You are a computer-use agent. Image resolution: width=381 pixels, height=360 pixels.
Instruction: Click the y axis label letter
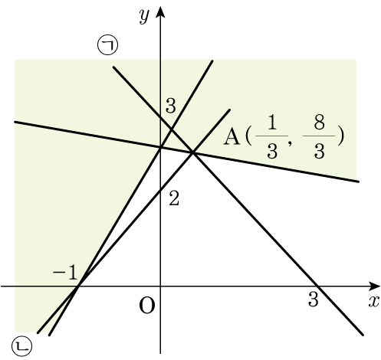click(144, 16)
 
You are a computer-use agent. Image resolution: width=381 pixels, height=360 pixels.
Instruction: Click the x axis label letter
click(373, 302)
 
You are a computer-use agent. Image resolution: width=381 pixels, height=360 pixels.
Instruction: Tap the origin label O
click(147, 306)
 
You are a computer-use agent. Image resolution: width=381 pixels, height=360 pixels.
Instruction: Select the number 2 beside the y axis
click(174, 198)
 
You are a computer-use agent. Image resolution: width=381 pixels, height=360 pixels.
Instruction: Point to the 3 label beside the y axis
click(171, 106)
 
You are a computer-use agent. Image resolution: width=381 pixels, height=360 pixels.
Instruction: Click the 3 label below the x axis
click(314, 299)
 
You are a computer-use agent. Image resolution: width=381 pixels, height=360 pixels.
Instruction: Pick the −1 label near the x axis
click(65, 273)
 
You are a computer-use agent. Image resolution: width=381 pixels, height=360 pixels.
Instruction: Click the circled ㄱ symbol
click(108, 44)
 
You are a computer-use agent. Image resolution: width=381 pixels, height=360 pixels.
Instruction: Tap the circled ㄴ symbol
click(22, 346)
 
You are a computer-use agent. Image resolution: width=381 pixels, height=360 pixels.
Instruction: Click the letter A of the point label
click(232, 137)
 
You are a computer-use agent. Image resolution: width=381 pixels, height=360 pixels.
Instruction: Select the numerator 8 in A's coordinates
click(319, 122)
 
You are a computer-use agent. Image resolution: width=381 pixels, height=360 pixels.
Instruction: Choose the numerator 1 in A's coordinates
click(272, 122)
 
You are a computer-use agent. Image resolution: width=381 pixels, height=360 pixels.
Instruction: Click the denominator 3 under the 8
click(319, 151)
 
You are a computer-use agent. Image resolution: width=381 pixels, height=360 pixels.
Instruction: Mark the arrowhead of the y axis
click(160, 11)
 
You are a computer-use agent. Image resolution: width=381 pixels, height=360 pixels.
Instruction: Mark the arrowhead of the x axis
click(375, 286)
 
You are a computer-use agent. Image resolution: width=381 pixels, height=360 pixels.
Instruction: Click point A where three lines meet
click(193, 153)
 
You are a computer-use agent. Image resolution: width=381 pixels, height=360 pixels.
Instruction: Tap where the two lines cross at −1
click(79, 286)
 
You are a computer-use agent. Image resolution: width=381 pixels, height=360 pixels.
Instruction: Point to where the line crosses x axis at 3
click(317, 286)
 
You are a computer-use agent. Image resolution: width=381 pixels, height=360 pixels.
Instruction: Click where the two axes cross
click(160, 286)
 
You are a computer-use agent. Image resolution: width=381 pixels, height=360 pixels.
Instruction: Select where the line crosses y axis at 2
click(160, 190)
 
